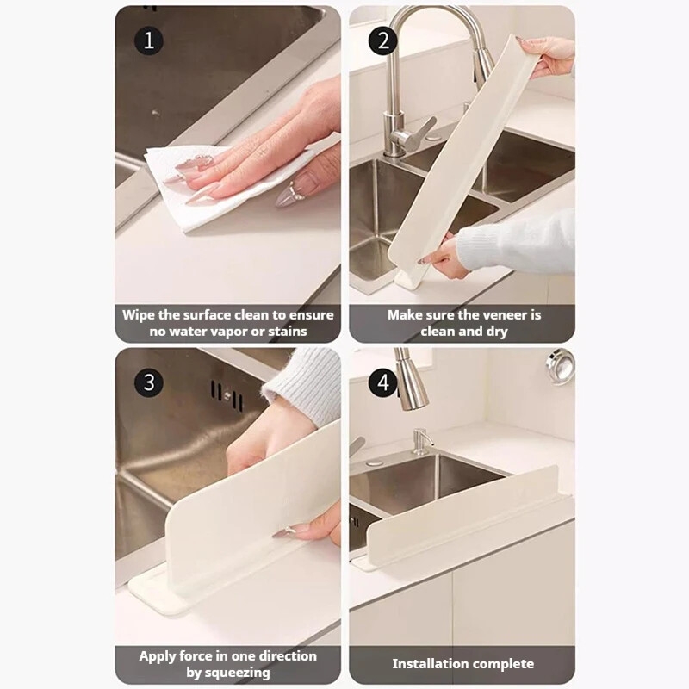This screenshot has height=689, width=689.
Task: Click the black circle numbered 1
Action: [x=149, y=40]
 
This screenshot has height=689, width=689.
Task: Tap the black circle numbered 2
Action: [x=383, y=40]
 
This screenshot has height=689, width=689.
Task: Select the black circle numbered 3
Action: [x=149, y=382]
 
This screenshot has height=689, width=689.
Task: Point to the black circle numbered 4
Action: [x=383, y=382]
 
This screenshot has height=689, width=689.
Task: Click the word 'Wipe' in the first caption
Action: [x=139, y=315]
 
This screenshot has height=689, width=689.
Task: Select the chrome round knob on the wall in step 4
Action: [x=561, y=365]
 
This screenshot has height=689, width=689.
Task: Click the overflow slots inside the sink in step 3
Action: [x=227, y=395]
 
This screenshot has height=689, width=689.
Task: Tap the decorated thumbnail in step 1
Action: [x=291, y=193]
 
